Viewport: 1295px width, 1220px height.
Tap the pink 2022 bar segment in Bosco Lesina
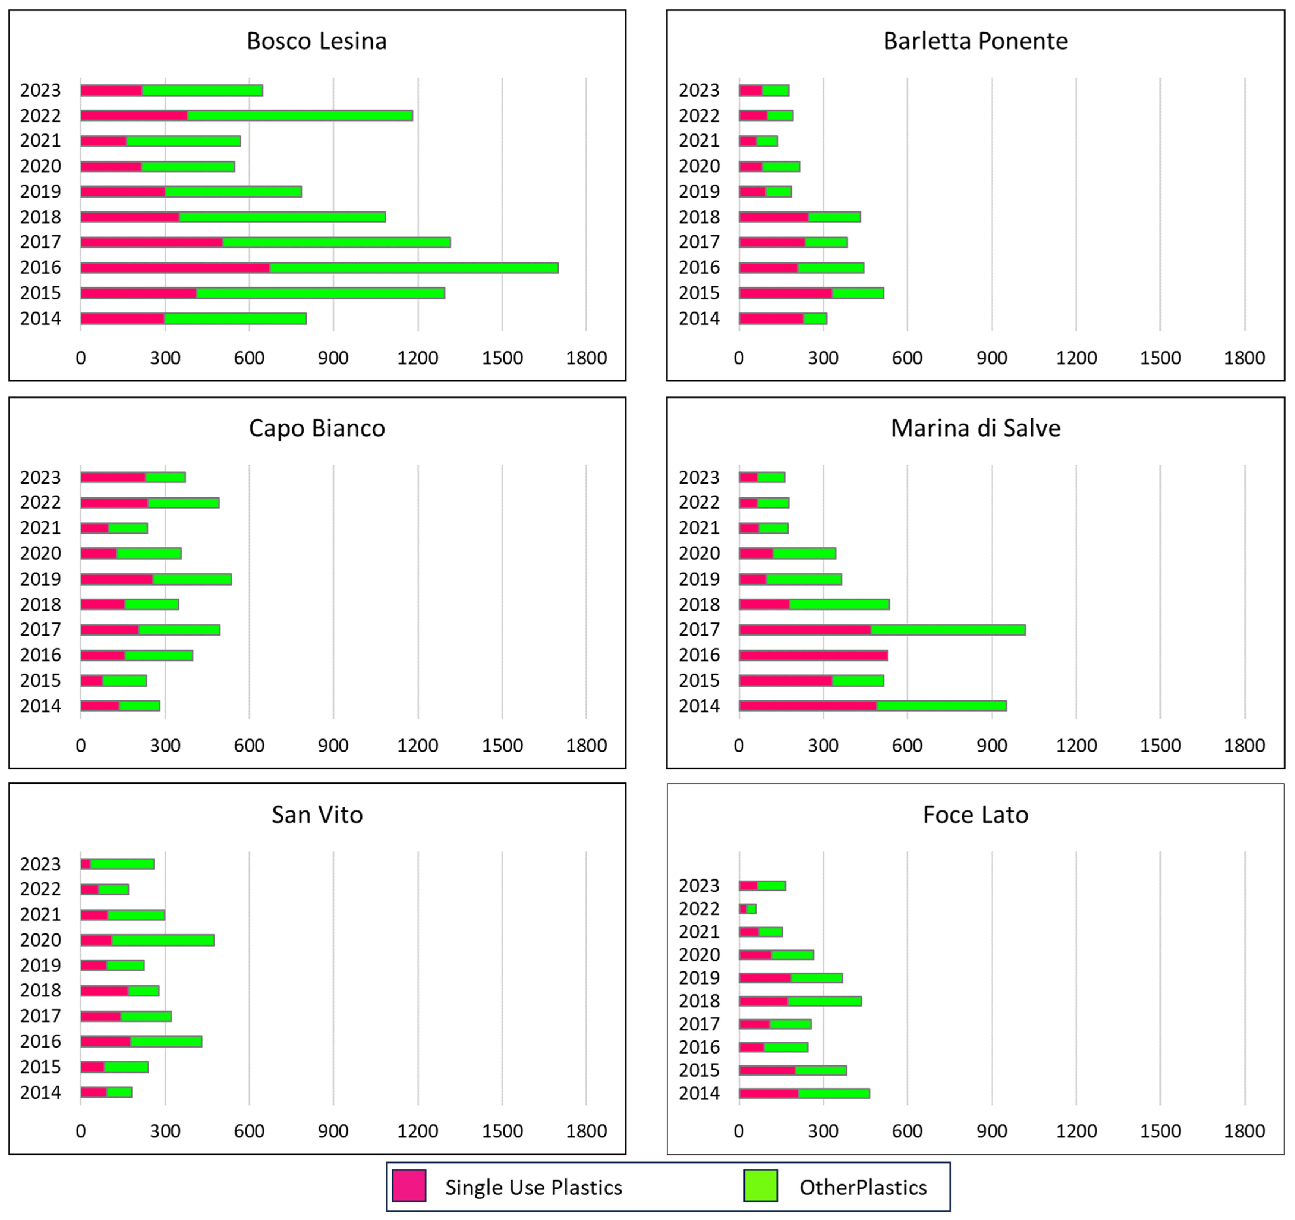tap(134, 115)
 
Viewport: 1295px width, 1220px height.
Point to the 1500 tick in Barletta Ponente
tap(1160, 358)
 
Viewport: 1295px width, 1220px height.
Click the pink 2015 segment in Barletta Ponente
tap(786, 293)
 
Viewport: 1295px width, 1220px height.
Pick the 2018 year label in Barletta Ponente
tap(699, 217)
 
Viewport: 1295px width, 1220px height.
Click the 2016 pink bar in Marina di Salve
tap(813, 655)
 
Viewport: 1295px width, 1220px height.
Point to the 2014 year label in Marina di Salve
tap(699, 706)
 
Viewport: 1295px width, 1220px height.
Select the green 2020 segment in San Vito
tap(163, 940)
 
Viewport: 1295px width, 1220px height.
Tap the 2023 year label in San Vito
tap(40, 864)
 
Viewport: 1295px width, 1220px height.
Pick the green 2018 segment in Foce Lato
tap(825, 1001)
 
